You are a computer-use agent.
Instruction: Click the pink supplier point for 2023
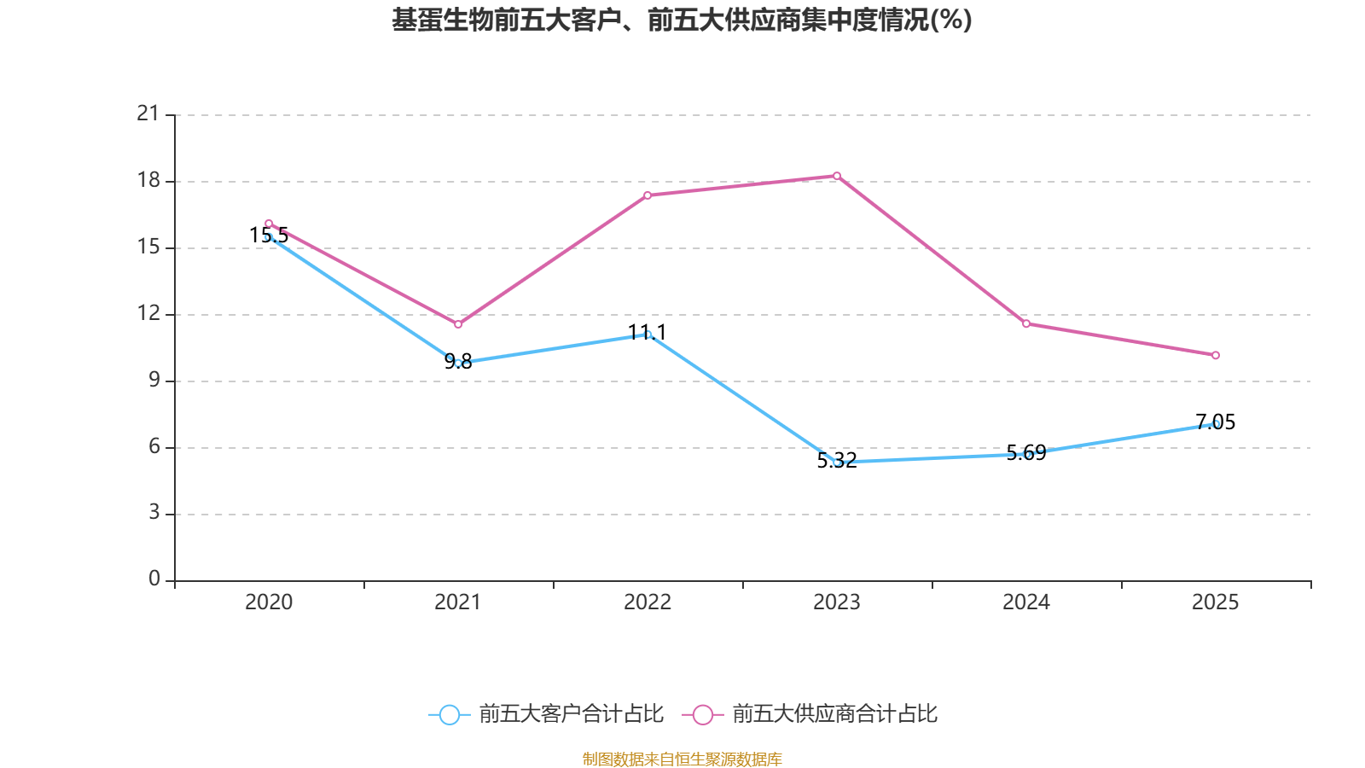tap(837, 176)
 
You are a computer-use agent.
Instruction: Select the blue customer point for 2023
tap(837, 463)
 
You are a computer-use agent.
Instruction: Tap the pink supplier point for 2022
tap(648, 195)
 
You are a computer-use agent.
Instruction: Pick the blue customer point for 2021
tap(458, 364)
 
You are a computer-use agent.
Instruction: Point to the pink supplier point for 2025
tap(1216, 355)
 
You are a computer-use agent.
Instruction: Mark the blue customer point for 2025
tap(1216, 424)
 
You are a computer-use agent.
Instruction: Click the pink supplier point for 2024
tap(1026, 324)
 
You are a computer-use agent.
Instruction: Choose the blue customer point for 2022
tap(648, 335)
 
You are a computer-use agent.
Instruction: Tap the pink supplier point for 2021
tap(458, 324)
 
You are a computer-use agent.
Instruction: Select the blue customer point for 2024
tap(1026, 454)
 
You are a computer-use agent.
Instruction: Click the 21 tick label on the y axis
tap(148, 113)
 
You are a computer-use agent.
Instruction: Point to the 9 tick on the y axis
tap(154, 380)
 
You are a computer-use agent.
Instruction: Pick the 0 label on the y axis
tap(154, 579)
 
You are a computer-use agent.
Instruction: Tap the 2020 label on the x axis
tap(269, 602)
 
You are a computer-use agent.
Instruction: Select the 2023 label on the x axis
tap(837, 602)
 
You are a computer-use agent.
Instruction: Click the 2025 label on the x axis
tap(1216, 602)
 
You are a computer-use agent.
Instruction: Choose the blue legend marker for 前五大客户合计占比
tap(449, 714)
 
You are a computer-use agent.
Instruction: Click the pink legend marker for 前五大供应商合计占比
tap(702, 714)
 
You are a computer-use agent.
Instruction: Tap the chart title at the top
tap(682, 20)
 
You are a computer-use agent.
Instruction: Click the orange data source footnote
tap(682, 759)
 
